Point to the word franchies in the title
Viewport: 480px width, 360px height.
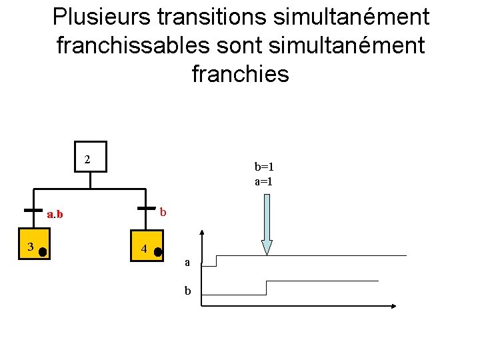pos(240,73)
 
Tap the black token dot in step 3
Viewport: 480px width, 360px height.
pos(41,252)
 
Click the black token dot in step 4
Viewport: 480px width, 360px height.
pos(158,252)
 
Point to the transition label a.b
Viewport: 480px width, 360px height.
pos(55,215)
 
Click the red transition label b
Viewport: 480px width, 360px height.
pos(162,212)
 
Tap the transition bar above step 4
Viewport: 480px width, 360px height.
pos(147,209)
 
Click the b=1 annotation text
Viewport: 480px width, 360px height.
pos(264,167)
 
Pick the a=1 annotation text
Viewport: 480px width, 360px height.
pos(264,181)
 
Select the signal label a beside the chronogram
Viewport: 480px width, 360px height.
pos(187,263)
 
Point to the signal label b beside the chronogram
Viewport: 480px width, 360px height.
pos(187,291)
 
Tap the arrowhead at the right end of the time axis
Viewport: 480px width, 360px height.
pos(393,306)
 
